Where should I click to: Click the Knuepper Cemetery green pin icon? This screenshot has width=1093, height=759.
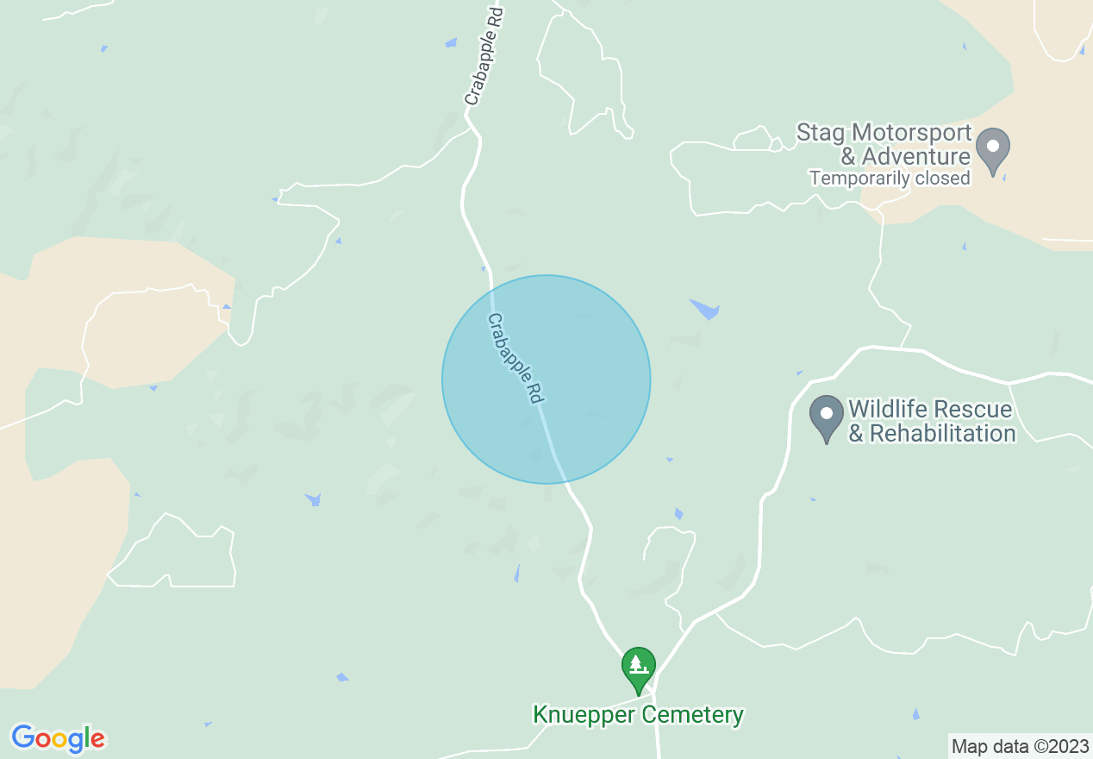click(x=639, y=667)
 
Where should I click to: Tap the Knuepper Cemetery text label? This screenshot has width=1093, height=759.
click(x=638, y=715)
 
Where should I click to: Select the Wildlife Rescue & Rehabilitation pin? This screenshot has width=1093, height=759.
click(x=827, y=416)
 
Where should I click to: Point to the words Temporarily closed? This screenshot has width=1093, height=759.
click(x=890, y=179)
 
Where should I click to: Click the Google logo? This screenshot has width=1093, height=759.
click(x=58, y=738)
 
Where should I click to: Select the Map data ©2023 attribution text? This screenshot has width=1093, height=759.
click(x=1018, y=745)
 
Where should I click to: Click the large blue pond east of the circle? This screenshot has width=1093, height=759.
click(x=705, y=309)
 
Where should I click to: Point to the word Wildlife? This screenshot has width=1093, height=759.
click(x=890, y=409)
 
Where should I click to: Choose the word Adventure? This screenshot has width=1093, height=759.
click(x=915, y=157)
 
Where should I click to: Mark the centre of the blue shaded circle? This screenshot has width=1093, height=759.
click(x=546, y=379)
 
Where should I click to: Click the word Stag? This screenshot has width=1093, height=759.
click(x=821, y=134)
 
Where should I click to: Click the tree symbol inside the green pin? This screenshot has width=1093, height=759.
click(x=639, y=663)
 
